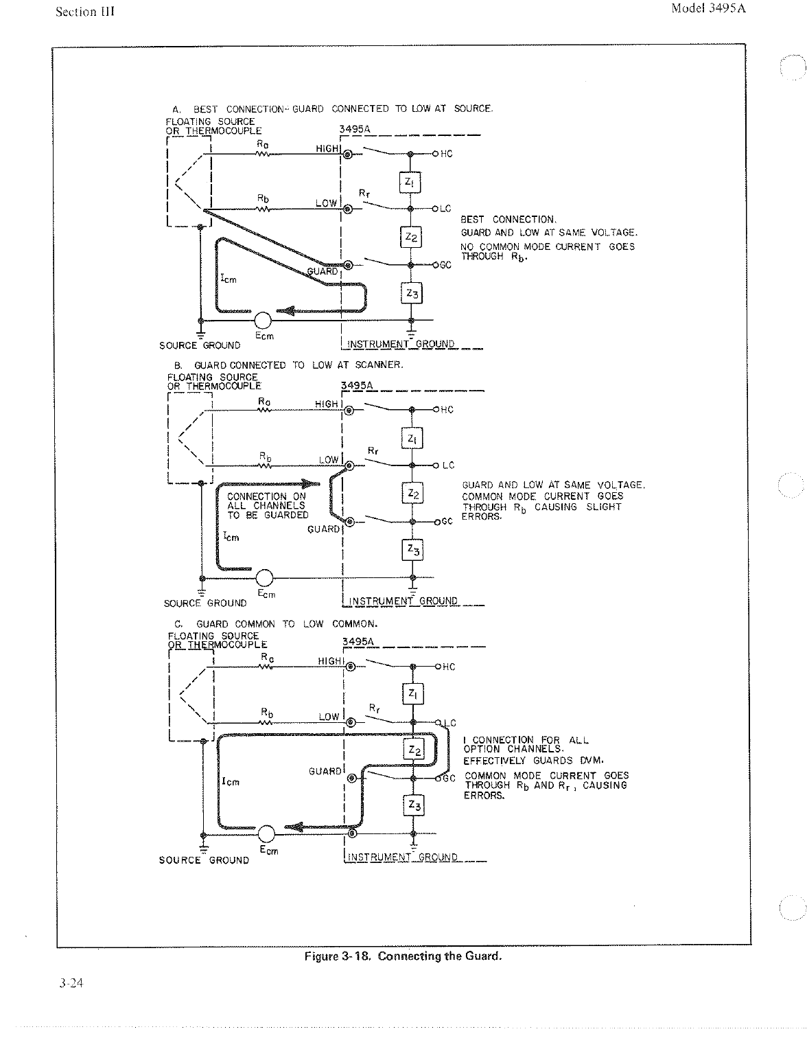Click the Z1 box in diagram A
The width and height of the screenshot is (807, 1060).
click(x=410, y=183)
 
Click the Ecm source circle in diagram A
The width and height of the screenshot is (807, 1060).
click(x=263, y=321)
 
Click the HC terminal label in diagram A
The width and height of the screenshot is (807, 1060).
click(x=446, y=154)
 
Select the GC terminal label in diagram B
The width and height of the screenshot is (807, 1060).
click(x=447, y=522)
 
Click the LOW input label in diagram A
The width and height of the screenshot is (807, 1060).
click(x=327, y=203)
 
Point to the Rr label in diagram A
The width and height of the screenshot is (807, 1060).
click(x=364, y=194)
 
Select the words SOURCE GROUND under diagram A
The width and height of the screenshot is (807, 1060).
click(x=200, y=345)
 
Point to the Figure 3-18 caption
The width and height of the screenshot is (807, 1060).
click(x=403, y=956)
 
